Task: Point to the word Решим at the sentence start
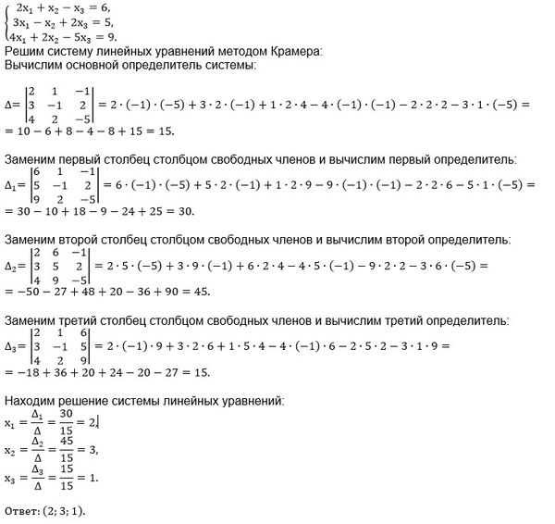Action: (x=25, y=52)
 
